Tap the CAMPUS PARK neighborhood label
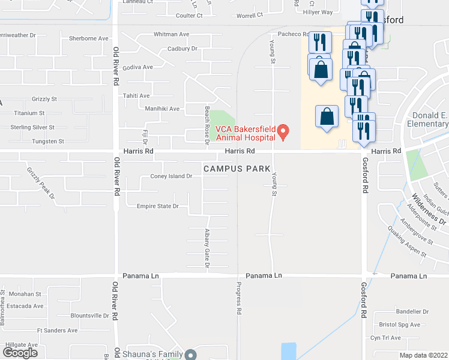point(237,169)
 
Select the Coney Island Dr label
point(172,176)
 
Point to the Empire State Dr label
point(158,206)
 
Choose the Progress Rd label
point(238,298)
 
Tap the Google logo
point(20,353)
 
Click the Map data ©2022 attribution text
point(423,355)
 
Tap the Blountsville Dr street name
point(90,315)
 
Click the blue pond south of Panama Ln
point(289,351)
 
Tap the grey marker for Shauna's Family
point(191,355)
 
